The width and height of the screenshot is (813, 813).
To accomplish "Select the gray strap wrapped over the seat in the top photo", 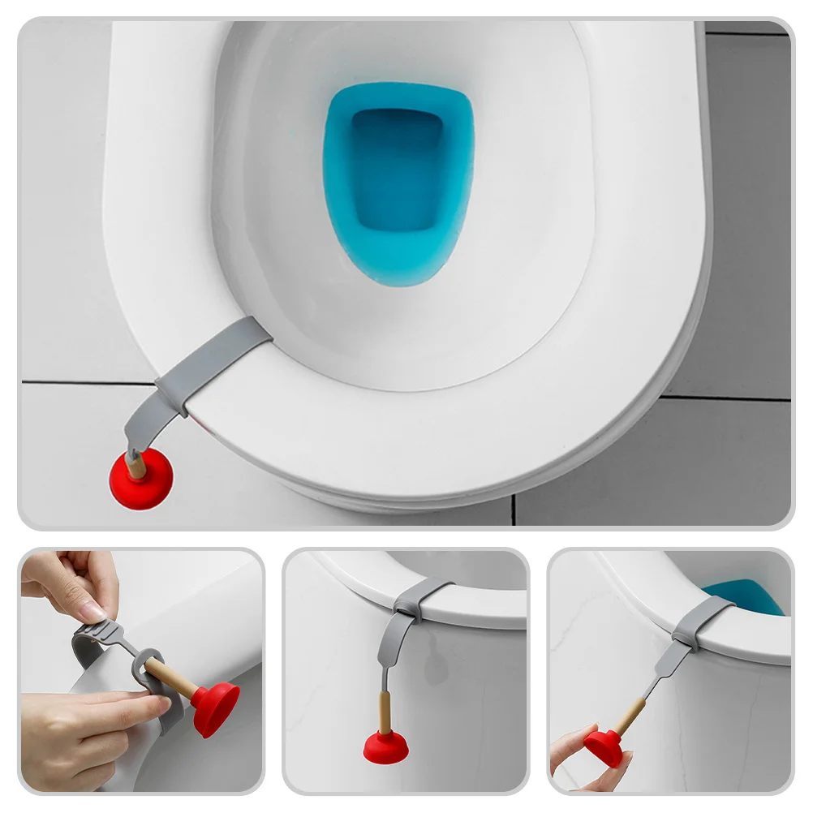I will click(213, 357).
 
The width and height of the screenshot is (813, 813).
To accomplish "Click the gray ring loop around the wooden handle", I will click(146, 665).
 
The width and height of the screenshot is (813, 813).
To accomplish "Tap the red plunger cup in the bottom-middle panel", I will click(385, 747).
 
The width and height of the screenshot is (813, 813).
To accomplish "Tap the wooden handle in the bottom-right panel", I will click(629, 714).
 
